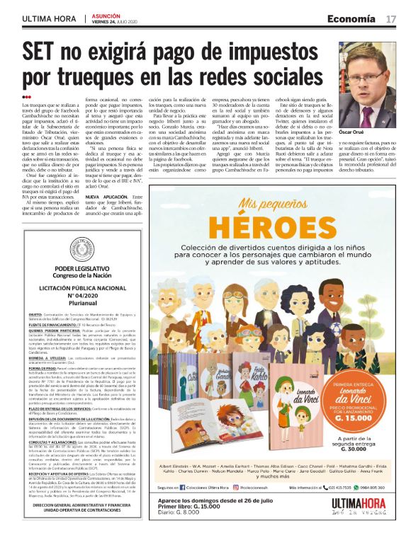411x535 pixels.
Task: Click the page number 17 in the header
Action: (391, 19)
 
